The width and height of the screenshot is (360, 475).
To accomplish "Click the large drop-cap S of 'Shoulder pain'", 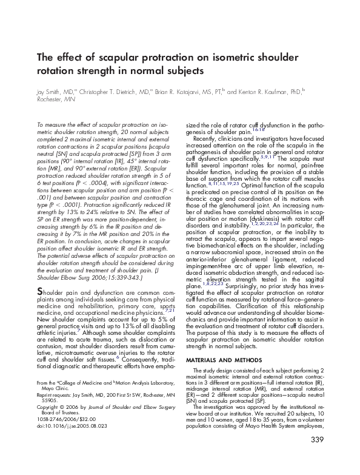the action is [41, 292].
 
